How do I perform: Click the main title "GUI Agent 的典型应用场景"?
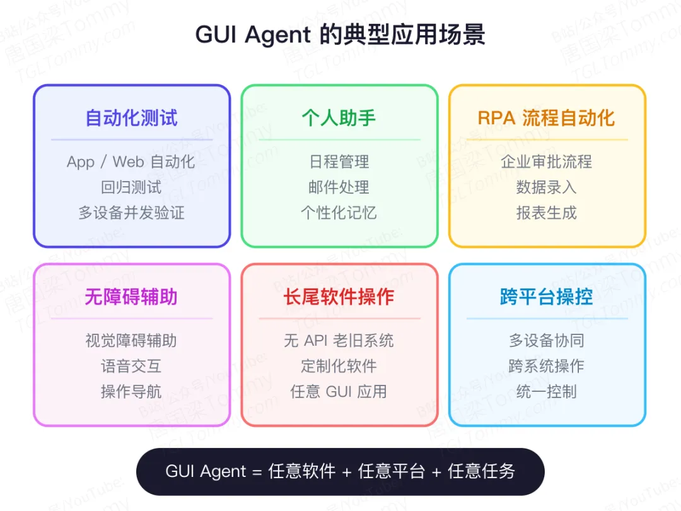pyautogui.click(x=340, y=35)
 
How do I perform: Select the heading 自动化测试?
pyautogui.click(x=132, y=118)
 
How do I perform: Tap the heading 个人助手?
pyautogui.click(x=339, y=118)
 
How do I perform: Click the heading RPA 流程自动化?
pyautogui.click(x=547, y=118)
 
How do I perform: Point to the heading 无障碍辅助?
pyautogui.click(x=132, y=297)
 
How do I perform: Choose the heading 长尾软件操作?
pyautogui.click(x=339, y=297)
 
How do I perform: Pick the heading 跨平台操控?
pyautogui.click(x=547, y=297)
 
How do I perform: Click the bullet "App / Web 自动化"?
pyautogui.click(x=131, y=162)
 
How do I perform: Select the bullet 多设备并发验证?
pyautogui.click(x=132, y=213)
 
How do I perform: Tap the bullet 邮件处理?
pyautogui.click(x=339, y=187)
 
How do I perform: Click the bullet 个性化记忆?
pyautogui.click(x=339, y=213)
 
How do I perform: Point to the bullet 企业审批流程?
pyautogui.click(x=547, y=162)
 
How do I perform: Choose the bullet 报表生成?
pyautogui.click(x=547, y=213)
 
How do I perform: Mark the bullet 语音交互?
pyautogui.click(x=132, y=366)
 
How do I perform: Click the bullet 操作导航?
pyautogui.click(x=132, y=391)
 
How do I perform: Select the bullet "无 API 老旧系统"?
pyautogui.click(x=339, y=341)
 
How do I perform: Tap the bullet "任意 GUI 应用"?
pyautogui.click(x=339, y=391)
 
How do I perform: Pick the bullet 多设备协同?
pyautogui.click(x=547, y=341)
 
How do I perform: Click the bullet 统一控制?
pyautogui.click(x=547, y=391)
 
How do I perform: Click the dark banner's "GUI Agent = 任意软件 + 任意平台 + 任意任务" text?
pyautogui.click(x=340, y=471)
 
